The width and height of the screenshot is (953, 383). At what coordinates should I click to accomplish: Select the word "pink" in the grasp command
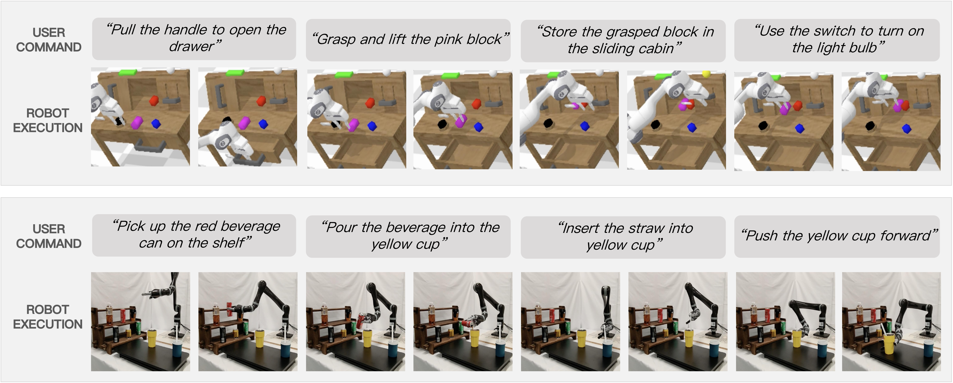click(448, 39)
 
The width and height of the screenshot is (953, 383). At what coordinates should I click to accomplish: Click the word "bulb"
click(862, 48)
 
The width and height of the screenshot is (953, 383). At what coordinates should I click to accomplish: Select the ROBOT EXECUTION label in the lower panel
click(48, 317)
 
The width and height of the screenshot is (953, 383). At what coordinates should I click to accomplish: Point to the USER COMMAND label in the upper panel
click(49, 40)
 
